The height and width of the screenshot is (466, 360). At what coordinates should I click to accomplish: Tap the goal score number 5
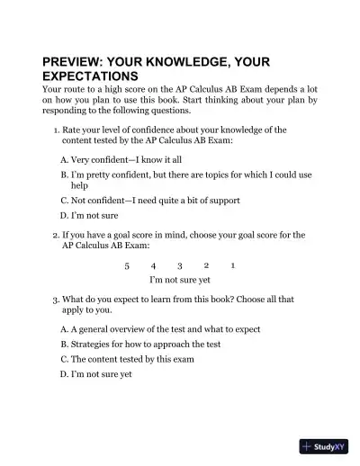tap(127, 266)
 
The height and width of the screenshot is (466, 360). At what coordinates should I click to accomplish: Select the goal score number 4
tap(154, 266)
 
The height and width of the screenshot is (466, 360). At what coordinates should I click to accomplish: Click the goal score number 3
tap(180, 266)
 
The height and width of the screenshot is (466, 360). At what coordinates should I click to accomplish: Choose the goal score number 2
tap(206, 265)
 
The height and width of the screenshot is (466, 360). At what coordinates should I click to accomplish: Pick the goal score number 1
tap(233, 265)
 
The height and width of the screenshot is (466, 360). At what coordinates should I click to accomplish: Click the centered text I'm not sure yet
tap(180, 281)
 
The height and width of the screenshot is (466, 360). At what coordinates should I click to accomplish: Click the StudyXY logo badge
tap(324, 445)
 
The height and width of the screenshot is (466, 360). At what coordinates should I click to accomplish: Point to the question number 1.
tap(56, 130)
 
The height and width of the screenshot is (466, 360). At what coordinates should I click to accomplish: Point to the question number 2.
tap(56, 235)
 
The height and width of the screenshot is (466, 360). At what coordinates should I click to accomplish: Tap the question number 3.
tap(56, 298)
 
